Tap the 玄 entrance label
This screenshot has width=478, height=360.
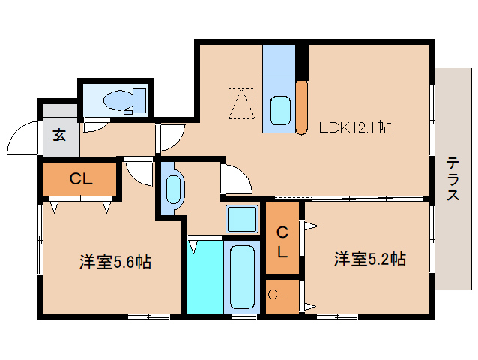coord(58,136)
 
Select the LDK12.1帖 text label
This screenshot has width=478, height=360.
coord(354,127)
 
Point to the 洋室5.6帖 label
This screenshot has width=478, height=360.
coord(115,262)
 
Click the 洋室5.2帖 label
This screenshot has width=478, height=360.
coord(369,259)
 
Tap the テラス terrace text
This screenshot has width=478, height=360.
coord(453,179)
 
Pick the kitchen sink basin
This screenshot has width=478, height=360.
coord(280,111)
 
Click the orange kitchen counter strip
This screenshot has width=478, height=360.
coord(302,107)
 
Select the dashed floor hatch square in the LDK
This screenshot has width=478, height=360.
coord(241,103)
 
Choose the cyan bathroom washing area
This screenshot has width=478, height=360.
coord(205,275)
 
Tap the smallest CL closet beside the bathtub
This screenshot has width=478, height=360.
coord(277,295)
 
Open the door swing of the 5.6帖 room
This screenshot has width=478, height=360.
coord(138,172)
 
